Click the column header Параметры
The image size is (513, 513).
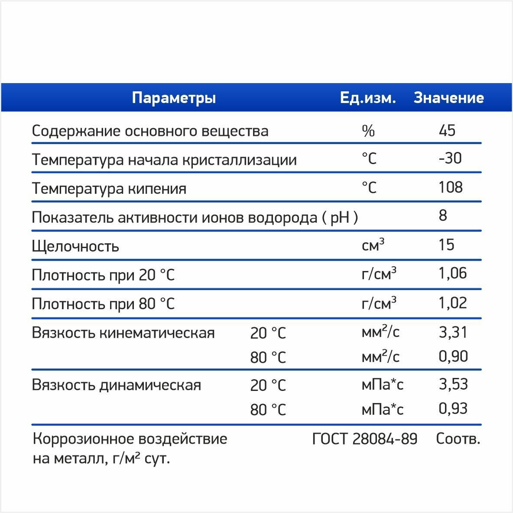173,98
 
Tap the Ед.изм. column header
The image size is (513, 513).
368,98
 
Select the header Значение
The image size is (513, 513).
448,98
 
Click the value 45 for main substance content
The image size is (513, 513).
447,130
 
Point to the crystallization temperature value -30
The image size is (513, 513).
450,158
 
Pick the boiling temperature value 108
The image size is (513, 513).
451,187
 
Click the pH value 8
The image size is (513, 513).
443,216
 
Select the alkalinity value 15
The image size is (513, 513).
447,245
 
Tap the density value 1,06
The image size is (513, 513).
453,274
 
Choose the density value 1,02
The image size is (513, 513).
453,303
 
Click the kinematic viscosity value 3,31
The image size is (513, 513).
453,332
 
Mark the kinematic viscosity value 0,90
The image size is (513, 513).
453,356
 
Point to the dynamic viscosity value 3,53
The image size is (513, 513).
453,384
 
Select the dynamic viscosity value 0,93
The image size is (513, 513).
453,408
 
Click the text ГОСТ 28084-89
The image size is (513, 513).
365,439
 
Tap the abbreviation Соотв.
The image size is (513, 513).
458,439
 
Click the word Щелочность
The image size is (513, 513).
75,246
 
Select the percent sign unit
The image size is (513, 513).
368,131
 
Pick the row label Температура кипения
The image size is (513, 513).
109,189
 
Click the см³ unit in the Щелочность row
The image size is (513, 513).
373,245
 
